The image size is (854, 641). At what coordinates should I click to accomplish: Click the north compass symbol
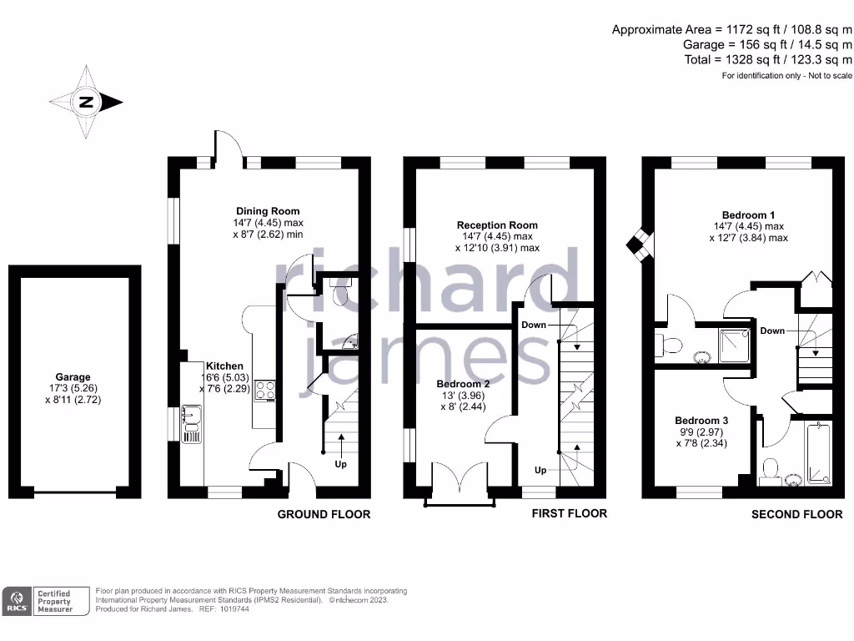click(86, 103)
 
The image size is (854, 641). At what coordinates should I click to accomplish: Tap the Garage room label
click(73, 377)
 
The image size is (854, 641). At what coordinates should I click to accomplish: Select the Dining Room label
click(268, 211)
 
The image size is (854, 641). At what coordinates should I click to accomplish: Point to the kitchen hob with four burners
click(266, 391)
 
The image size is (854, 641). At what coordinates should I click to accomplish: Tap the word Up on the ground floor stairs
click(340, 464)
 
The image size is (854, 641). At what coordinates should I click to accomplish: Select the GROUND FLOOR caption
click(324, 515)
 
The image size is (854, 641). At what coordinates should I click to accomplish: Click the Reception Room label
click(497, 225)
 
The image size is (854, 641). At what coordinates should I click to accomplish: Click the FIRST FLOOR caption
click(569, 513)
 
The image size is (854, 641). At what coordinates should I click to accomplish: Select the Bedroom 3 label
click(701, 421)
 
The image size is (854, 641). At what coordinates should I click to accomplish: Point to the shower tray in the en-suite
click(731, 344)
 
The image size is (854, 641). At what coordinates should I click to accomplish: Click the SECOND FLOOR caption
click(796, 515)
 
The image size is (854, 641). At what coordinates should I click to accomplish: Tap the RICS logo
click(17, 602)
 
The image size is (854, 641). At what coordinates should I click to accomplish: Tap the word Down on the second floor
click(772, 331)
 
